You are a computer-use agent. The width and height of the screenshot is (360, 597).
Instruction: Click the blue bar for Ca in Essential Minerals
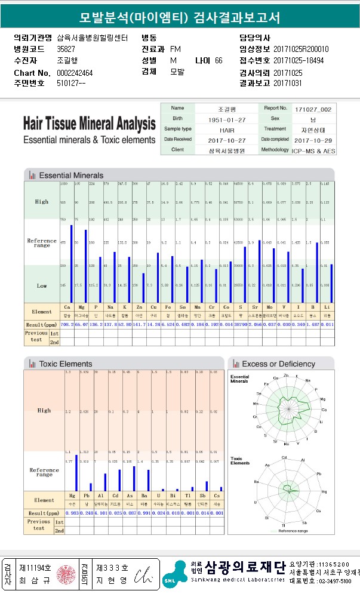(72, 263)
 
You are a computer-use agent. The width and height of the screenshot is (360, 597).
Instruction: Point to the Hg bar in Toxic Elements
(76, 472)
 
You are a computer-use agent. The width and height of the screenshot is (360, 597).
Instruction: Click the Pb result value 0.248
(86, 513)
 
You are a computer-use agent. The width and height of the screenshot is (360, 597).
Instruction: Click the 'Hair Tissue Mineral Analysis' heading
(89, 124)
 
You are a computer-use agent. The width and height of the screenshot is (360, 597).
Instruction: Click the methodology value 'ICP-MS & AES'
(313, 150)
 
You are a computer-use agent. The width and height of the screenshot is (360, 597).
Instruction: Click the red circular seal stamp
(63, 575)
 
